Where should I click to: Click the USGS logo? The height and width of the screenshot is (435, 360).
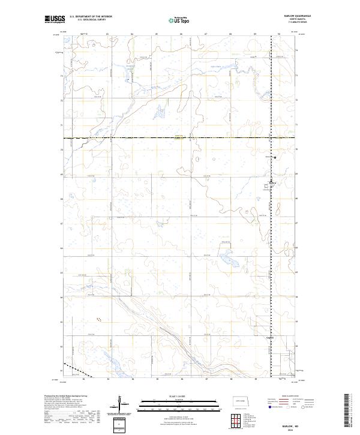click(54, 20)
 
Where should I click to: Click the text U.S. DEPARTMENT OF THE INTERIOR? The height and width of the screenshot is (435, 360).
click(91, 16)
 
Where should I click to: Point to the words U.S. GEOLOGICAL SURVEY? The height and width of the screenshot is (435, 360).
click(91, 20)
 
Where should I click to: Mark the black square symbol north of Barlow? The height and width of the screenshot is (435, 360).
click(275, 157)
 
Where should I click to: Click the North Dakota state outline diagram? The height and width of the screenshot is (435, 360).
click(241, 400)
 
